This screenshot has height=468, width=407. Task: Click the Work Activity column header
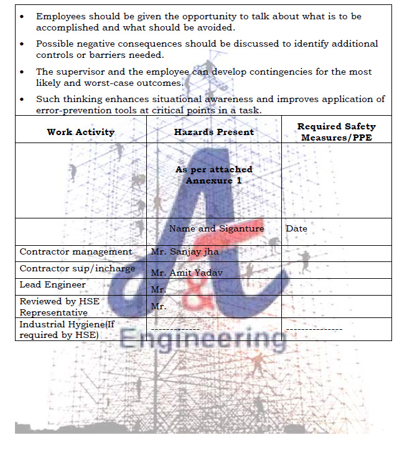(81, 132)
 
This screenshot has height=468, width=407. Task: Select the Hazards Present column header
(214, 132)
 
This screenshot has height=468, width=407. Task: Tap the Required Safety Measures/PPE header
(337, 132)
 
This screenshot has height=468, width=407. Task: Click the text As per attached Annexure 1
(213, 175)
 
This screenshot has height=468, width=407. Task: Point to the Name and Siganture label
(216, 228)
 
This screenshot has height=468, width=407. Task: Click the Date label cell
(296, 228)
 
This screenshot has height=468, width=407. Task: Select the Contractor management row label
(76, 252)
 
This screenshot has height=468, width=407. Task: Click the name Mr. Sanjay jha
(185, 252)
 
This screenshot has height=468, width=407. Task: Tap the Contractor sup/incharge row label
(77, 269)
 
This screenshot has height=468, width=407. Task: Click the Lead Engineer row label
(53, 285)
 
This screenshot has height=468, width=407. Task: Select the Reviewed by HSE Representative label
(59, 307)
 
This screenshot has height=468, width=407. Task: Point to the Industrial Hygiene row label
(67, 329)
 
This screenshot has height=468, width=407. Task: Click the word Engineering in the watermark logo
(203, 340)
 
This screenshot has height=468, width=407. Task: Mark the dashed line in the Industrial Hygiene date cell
(314, 328)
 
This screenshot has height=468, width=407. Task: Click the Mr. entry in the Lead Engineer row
(159, 290)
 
